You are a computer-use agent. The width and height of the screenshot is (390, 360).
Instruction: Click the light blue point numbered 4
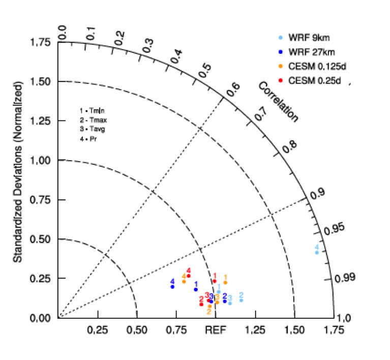coord(317,252)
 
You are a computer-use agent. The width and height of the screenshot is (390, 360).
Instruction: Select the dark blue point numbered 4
coord(172,287)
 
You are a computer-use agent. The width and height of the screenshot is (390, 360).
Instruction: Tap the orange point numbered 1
coord(225,282)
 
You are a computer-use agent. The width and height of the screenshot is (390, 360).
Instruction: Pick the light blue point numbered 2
coord(241,300)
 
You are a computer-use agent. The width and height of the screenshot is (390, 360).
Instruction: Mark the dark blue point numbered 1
coord(196,289)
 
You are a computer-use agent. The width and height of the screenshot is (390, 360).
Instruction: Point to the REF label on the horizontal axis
coord(216,329)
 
